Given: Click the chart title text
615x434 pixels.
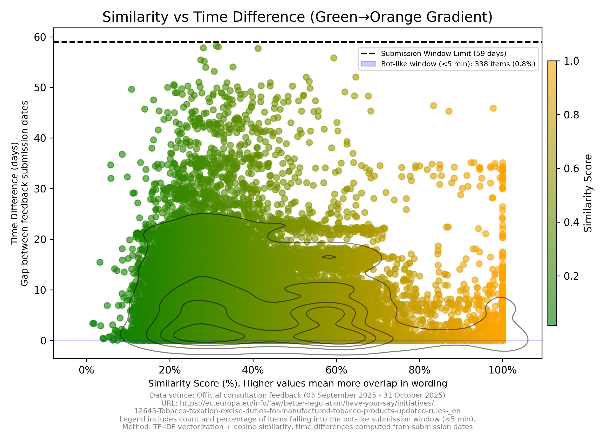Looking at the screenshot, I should coord(297,17).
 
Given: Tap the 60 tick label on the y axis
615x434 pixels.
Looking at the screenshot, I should coord(40,37).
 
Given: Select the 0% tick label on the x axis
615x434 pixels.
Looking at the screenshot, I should coord(87,370).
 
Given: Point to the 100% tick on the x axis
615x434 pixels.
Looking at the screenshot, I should coord(503,370).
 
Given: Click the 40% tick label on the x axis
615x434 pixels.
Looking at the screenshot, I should coord(253,370).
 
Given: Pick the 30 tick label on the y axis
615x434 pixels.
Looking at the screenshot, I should coord(40,189).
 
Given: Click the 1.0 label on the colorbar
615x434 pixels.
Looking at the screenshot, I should coord(571,61).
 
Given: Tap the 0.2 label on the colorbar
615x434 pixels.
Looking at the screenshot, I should coord(571,276).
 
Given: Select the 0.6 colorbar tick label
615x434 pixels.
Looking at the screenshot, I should coord(571,169).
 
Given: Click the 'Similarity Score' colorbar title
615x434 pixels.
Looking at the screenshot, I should coord(588,193).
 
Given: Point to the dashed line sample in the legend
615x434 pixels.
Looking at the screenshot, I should coord(368,54).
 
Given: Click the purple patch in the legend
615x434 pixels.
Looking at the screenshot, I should coord(368,64).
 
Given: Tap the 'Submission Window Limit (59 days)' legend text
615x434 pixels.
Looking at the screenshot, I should coord(444,54).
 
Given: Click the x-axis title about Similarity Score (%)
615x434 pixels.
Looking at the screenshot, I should coord(298,383).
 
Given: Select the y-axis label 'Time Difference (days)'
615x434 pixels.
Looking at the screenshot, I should coord(14,193).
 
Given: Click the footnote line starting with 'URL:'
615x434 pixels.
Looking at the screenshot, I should coord(298,403).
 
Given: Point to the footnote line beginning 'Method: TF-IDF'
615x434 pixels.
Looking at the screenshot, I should coord(298,427).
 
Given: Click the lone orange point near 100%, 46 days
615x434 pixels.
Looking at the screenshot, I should coord(493,108).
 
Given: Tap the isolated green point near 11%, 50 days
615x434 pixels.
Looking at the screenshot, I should coord(131,89).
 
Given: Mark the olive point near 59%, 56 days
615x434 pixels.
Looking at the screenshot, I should coord(334,58).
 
